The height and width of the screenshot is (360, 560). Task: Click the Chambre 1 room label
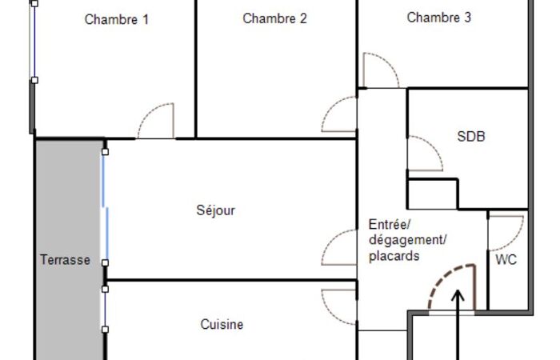pyautogui.click(x=117, y=19)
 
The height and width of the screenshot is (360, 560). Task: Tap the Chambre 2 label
pyautogui.click(x=274, y=18)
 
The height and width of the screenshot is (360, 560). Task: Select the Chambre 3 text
pyautogui.click(x=439, y=17)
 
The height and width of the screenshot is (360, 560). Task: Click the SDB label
pyautogui.click(x=471, y=136)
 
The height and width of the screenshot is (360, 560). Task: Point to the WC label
pyautogui.click(x=506, y=260)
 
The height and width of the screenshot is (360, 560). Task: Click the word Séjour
pyautogui.click(x=216, y=210)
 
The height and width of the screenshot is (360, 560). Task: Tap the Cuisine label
pyautogui.click(x=222, y=324)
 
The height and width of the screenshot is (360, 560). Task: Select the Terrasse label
pyautogui.click(x=65, y=260)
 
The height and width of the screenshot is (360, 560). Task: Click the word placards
pyautogui.click(x=394, y=256)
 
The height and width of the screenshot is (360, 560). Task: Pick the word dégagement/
pyautogui.click(x=408, y=240)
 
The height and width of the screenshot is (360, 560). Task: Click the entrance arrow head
pyautogui.click(x=458, y=295)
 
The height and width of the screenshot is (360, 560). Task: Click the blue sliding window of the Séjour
pyautogui.click(x=105, y=207)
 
